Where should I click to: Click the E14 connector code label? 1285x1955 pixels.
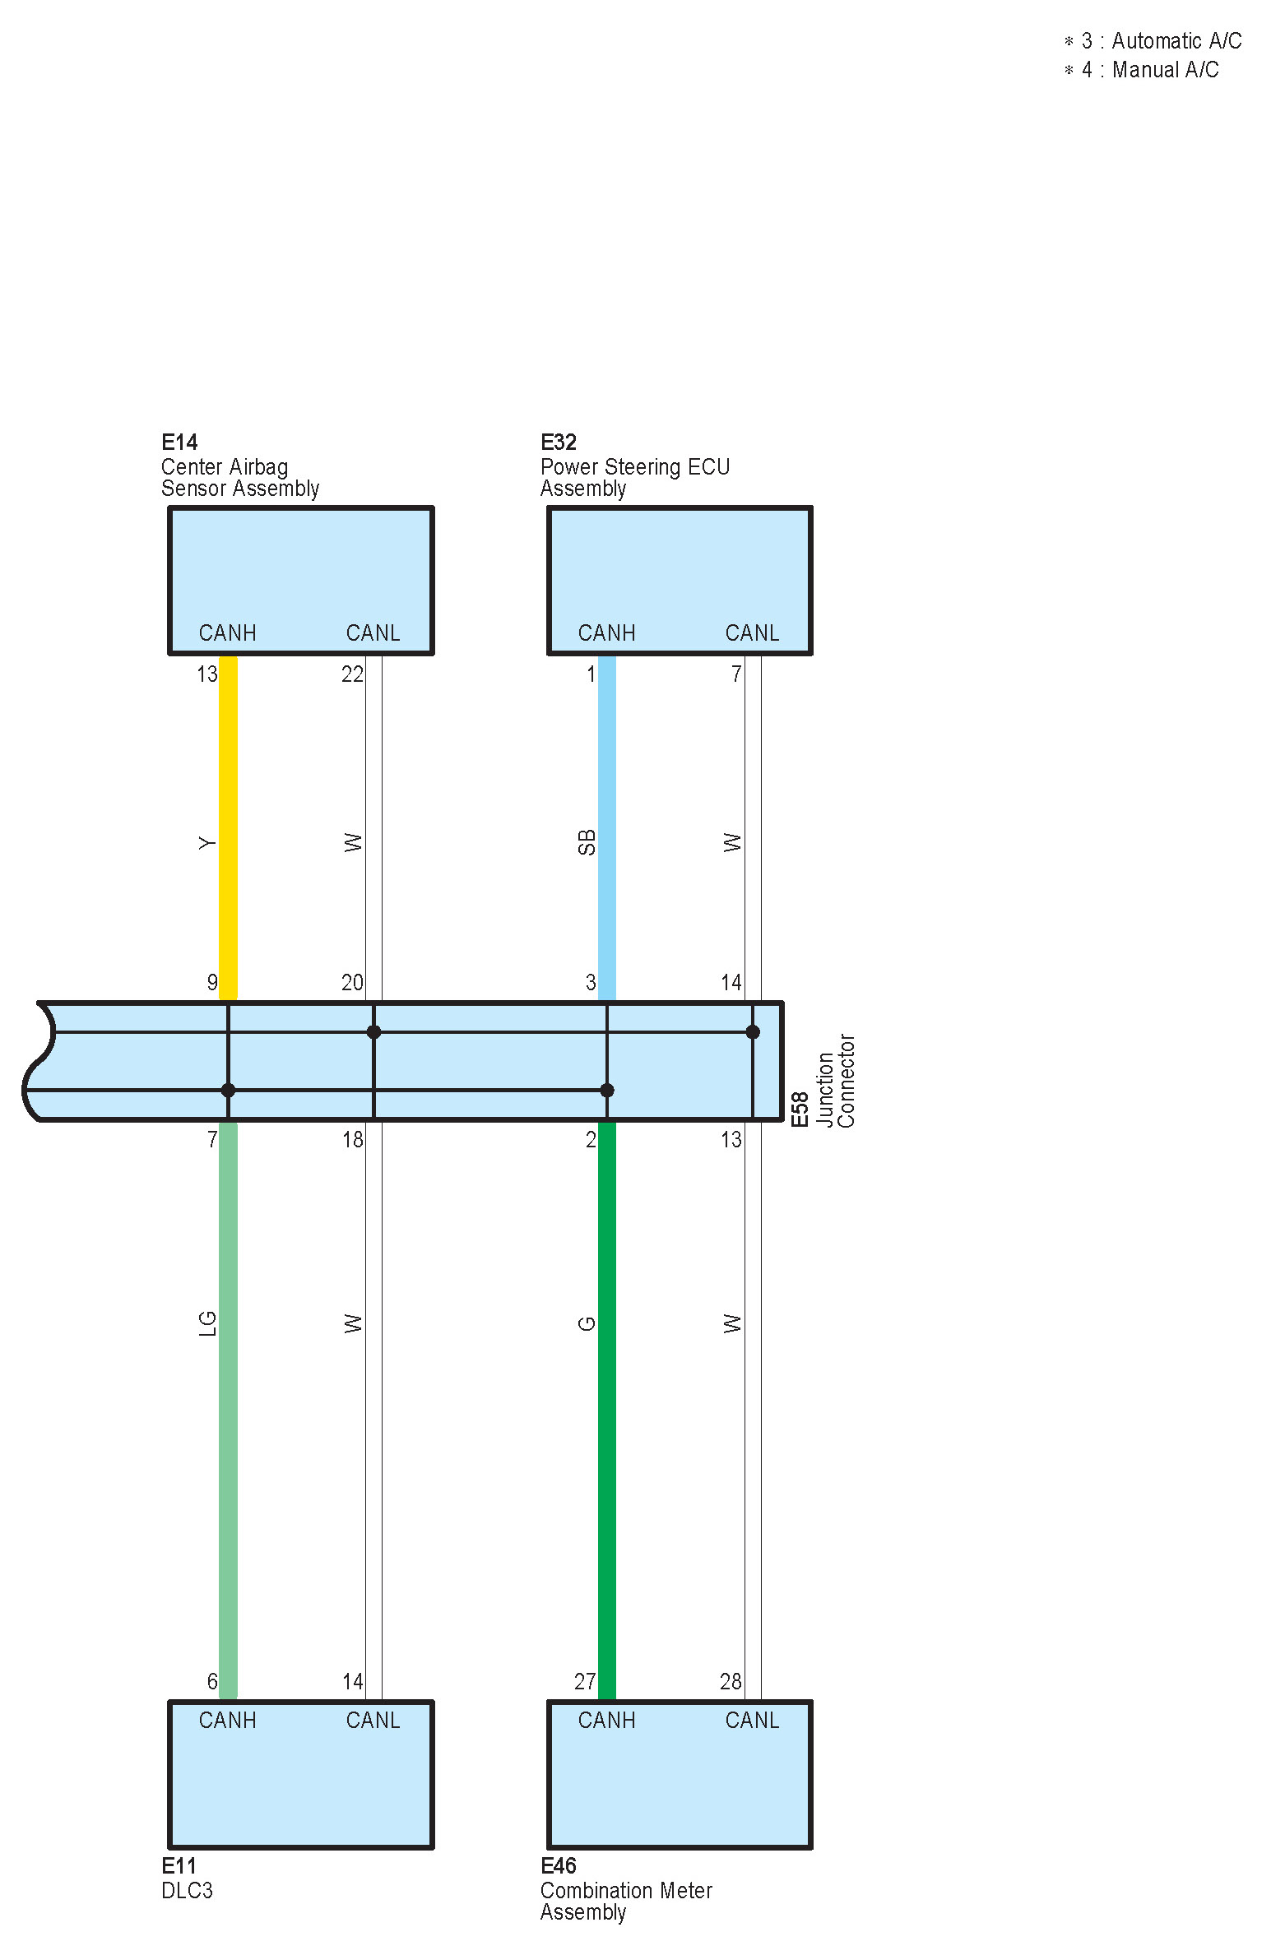pyautogui.click(x=179, y=442)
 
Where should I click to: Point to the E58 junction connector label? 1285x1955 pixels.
pyautogui.click(x=800, y=1110)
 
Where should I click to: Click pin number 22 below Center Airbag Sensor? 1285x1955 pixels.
pyautogui.click(x=352, y=674)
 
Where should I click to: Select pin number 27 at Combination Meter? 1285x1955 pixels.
pyautogui.click(x=585, y=1681)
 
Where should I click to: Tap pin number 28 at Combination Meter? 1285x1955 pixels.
pyautogui.click(x=731, y=1681)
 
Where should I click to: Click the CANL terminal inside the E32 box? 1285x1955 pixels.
pyautogui.click(x=752, y=632)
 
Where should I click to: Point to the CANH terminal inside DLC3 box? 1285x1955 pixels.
pyautogui.click(x=227, y=1720)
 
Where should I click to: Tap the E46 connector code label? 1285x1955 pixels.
pyautogui.click(x=559, y=1865)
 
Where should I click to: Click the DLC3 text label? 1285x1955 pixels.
pyautogui.click(x=187, y=1890)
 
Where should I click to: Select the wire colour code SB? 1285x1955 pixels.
pyautogui.click(x=587, y=842)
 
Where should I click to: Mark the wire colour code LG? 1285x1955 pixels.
pyautogui.click(x=207, y=1323)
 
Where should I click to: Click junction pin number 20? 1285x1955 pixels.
pyautogui.click(x=352, y=982)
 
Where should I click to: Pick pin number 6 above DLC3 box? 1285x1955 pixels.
pyautogui.click(x=212, y=1681)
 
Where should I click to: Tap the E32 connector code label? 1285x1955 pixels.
pyautogui.click(x=559, y=442)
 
